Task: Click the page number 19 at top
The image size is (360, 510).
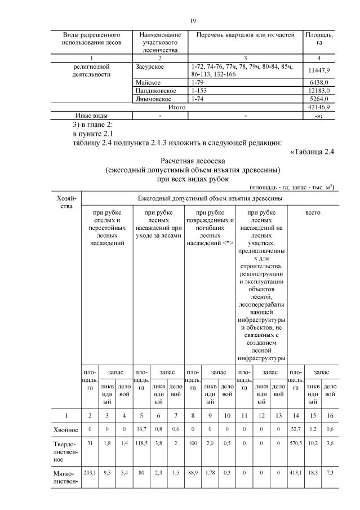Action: point(193,21)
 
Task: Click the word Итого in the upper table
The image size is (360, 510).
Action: point(177,107)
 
